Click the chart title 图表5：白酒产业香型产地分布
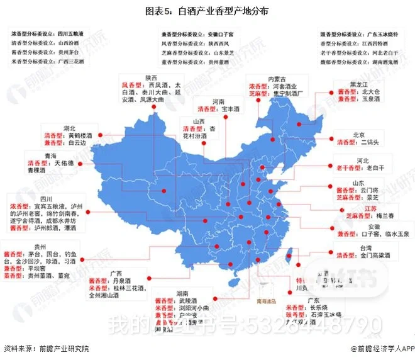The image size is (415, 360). click(x=207, y=11)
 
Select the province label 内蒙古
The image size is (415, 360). click(x=278, y=79)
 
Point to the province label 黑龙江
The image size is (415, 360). click(x=359, y=85)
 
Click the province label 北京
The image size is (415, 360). click(x=359, y=134)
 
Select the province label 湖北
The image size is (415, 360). click(x=70, y=127)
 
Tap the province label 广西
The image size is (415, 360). click(x=116, y=274)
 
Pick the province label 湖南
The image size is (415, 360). click(x=184, y=293)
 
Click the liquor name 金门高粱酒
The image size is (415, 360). click(x=375, y=256)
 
